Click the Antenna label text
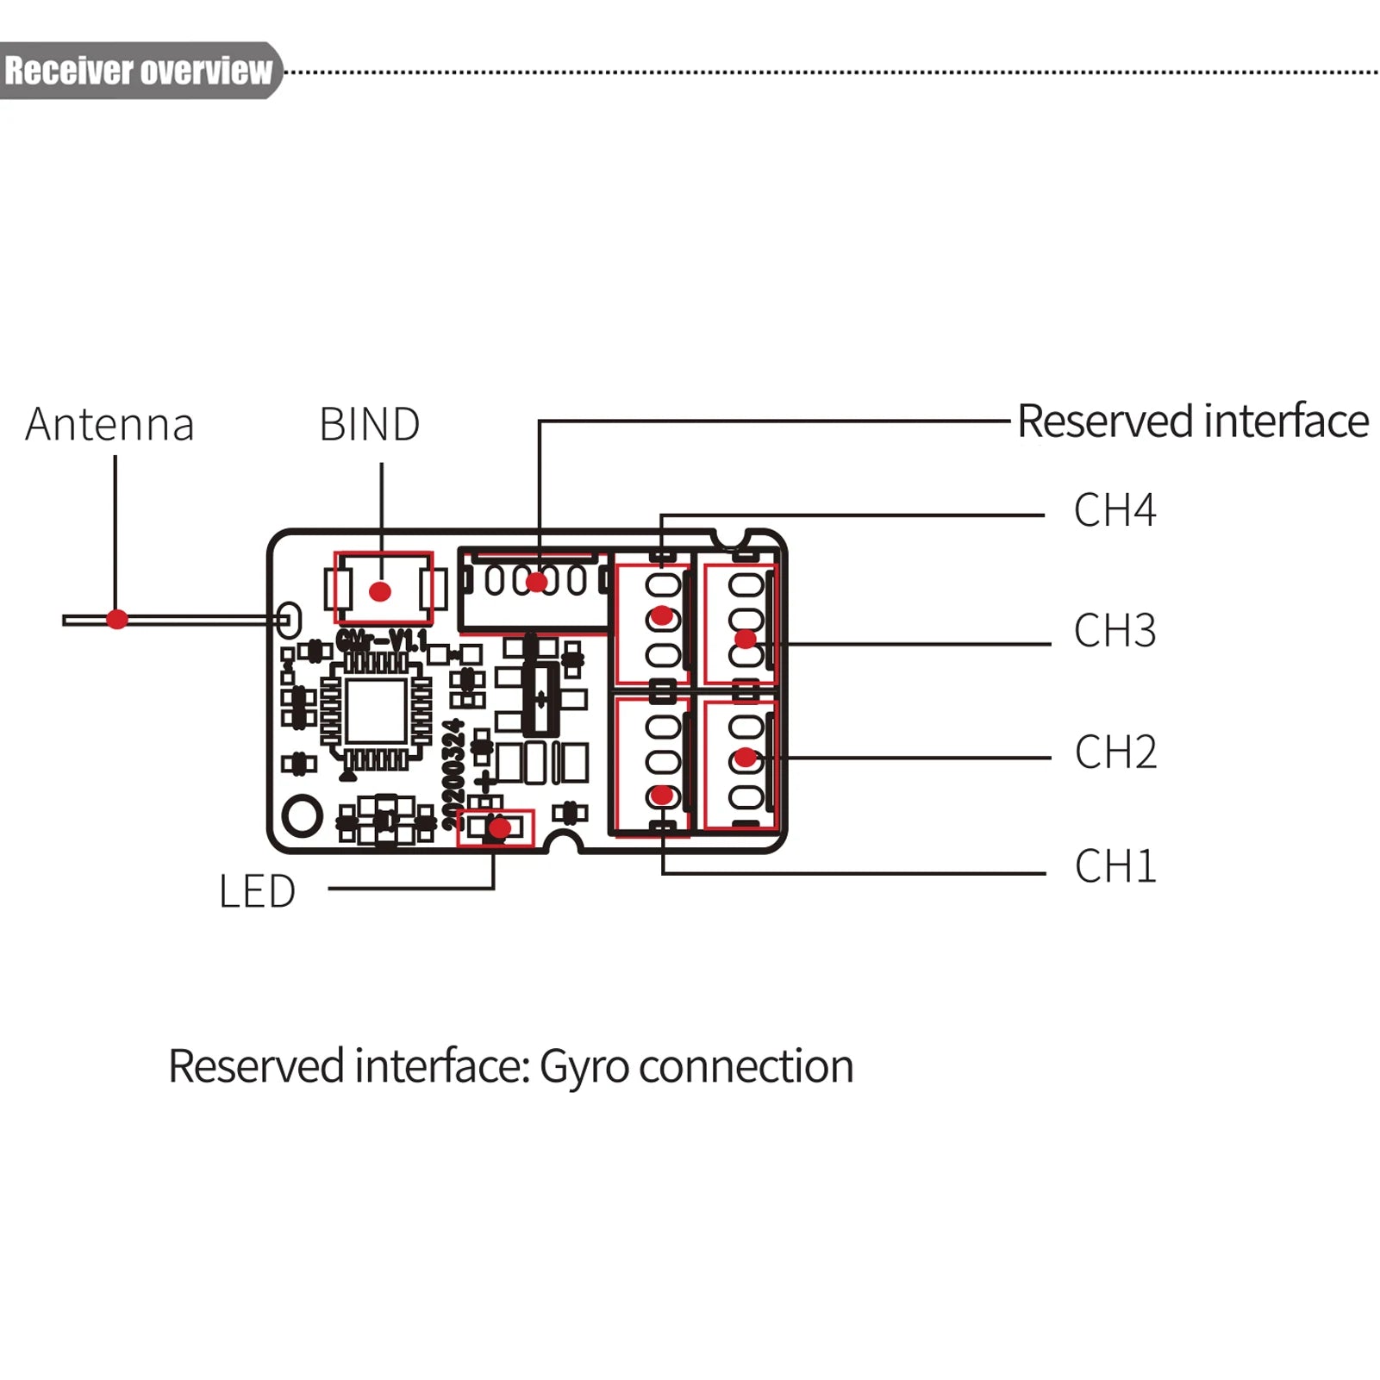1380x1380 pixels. pyautogui.click(x=109, y=424)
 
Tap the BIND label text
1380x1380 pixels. pyautogui.click(x=369, y=424)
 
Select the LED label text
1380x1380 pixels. pyautogui.click(x=257, y=891)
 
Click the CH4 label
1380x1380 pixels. pyautogui.click(x=1114, y=509)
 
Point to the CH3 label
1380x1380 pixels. pyautogui.click(x=1114, y=630)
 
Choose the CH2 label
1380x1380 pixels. pyautogui.click(x=1115, y=752)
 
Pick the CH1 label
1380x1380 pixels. pyautogui.click(x=1115, y=865)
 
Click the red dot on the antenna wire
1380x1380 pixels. pyautogui.click(x=117, y=619)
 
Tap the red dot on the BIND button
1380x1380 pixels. pyautogui.click(x=380, y=591)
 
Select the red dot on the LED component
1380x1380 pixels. pyautogui.click(x=499, y=828)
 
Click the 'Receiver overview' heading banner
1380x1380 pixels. pyautogui.click(x=138, y=71)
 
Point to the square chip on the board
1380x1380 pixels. pyautogui.click(x=376, y=710)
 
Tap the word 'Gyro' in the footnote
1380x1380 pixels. pyautogui.click(x=584, y=1066)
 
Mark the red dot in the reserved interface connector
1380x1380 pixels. pyautogui.click(x=536, y=582)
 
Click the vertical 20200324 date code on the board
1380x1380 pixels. pyautogui.click(x=453, y=774)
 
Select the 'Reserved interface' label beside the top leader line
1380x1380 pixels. pyautogui.click(x=1192, y=421)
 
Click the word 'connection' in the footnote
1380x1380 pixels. pyautogui.click(x=746, y=1066)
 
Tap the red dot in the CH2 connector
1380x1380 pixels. pyautogui.click(x=746, y=759)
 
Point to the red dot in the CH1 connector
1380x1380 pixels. pyautogui.click(x=661, y=795)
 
